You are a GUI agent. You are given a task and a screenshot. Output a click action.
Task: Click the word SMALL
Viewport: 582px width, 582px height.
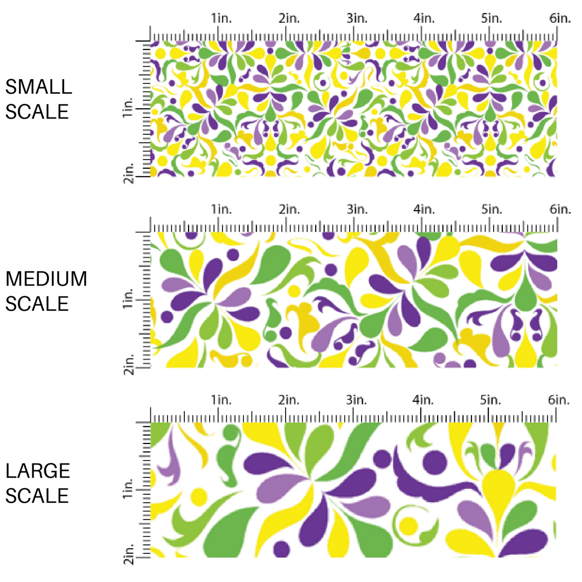click(38, 87)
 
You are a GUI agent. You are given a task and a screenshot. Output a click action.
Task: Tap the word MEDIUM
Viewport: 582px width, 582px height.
click(46, 279)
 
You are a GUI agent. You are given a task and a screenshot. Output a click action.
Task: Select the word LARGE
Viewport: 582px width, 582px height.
click(38, 471)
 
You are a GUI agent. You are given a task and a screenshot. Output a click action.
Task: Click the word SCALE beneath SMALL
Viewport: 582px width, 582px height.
click(37, 112)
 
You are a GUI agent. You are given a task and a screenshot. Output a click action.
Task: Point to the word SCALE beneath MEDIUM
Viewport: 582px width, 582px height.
click(37, 304)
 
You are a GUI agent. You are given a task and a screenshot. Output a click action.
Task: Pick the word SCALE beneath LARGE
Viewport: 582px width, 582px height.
click(37, 496)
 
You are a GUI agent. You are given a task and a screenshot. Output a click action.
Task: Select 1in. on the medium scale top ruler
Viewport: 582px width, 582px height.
click(221, 209)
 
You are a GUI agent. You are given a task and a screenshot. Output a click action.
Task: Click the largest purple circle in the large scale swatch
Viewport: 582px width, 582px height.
click(435, 462)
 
